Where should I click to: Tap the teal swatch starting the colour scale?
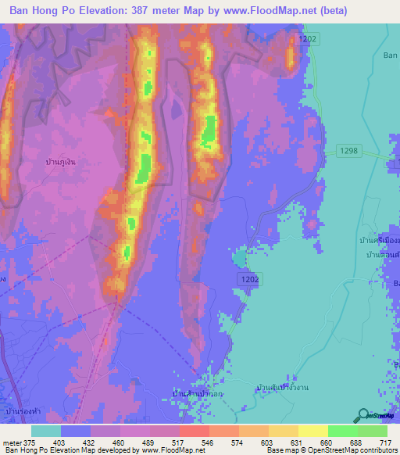tap(45, 431)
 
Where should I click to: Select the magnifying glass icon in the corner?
tap(363, 416)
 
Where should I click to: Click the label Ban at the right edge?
tap(391, 55)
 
